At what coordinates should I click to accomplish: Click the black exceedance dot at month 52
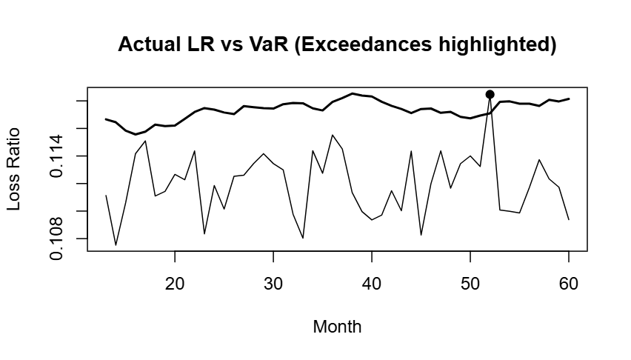[490, 94]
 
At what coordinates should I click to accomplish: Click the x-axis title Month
[337, 326]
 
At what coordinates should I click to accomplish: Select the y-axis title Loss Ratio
[14, 169]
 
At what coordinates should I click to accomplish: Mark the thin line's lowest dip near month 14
[116, 244]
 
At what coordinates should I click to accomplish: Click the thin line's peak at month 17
[145, 141]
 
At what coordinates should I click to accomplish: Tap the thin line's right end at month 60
[569, 219]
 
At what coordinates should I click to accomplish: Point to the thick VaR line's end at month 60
[569, 99]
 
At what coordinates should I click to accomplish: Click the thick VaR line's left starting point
[106, 119]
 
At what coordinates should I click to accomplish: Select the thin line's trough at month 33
[303, 238]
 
